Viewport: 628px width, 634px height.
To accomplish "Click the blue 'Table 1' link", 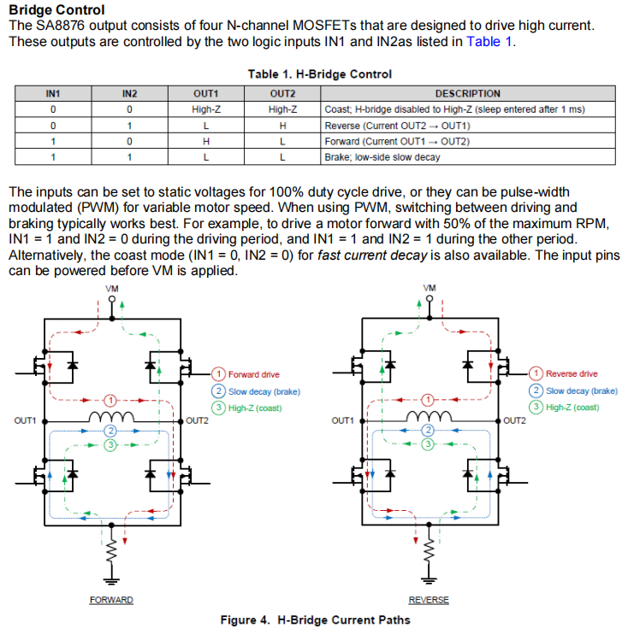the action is click(489, 42).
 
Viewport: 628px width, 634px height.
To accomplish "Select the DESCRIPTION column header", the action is click(468, 93).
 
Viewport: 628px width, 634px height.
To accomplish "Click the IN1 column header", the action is click(53, 93).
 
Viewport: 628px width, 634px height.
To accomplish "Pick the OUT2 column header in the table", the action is click(282, 93).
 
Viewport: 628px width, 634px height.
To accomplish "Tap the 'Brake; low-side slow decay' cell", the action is click(382, 157).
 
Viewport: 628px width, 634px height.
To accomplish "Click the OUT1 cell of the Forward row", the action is click(206, 142).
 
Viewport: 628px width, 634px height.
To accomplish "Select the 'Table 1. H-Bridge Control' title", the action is click(320, 74).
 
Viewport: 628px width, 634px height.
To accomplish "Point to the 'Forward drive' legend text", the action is click(254, 374).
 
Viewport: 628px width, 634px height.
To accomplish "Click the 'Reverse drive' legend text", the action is click(572, 373).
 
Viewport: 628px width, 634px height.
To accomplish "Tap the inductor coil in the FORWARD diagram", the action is click(111, 416).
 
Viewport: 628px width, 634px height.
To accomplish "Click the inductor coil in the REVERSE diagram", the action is click(429, 416).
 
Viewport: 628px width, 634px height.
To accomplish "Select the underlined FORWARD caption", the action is click(111, 600).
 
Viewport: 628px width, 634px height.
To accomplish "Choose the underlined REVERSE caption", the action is click(429, 600).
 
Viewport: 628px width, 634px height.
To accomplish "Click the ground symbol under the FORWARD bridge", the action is click(111, 581).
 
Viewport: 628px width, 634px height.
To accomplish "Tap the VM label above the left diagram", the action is click(112, 289).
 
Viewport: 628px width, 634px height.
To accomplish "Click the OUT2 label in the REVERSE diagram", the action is click(514, 420).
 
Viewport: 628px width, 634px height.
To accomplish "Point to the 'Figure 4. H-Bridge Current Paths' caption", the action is click(316, 619).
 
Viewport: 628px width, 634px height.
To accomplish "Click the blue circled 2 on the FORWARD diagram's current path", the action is click(110, 431).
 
